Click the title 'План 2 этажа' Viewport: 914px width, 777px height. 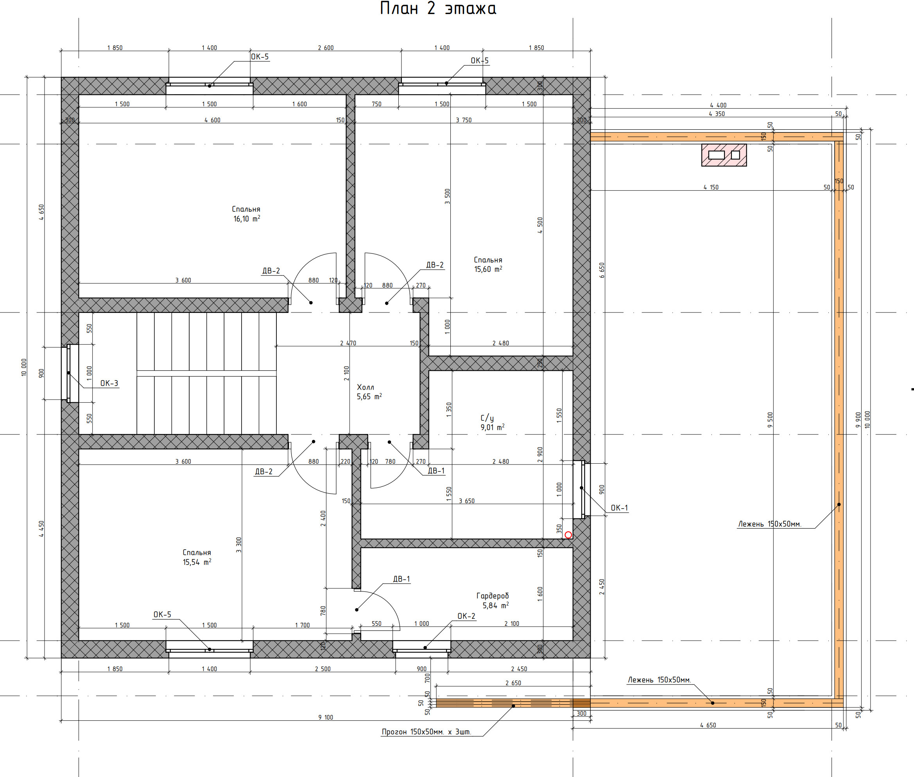point(438,8)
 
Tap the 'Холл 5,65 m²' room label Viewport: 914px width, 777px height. point(369,391)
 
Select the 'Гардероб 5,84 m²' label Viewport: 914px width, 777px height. point(493,600)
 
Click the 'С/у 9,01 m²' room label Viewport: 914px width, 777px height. point(492,422)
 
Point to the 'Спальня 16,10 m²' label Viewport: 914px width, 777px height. point(246,214)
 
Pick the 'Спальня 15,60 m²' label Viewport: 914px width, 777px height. point(488,264)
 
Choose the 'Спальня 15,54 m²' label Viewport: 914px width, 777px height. point(197,557)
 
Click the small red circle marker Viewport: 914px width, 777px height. point(568,535)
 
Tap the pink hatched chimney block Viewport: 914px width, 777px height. point(724,155)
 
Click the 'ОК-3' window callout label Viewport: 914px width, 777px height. point(109,383)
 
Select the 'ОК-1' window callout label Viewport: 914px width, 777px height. point(619,508)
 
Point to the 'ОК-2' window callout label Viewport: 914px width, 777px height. point(466,616)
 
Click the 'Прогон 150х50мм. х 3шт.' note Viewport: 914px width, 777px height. point(427,732)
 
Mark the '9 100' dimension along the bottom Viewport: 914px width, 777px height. point(326,718)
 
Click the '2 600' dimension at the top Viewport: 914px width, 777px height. point(326,48)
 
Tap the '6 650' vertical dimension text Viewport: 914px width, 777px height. point(602,270)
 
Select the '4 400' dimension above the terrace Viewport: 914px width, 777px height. point(718,105)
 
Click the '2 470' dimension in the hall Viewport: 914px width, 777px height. point(348,343)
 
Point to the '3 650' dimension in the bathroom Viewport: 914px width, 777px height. point(467,501)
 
